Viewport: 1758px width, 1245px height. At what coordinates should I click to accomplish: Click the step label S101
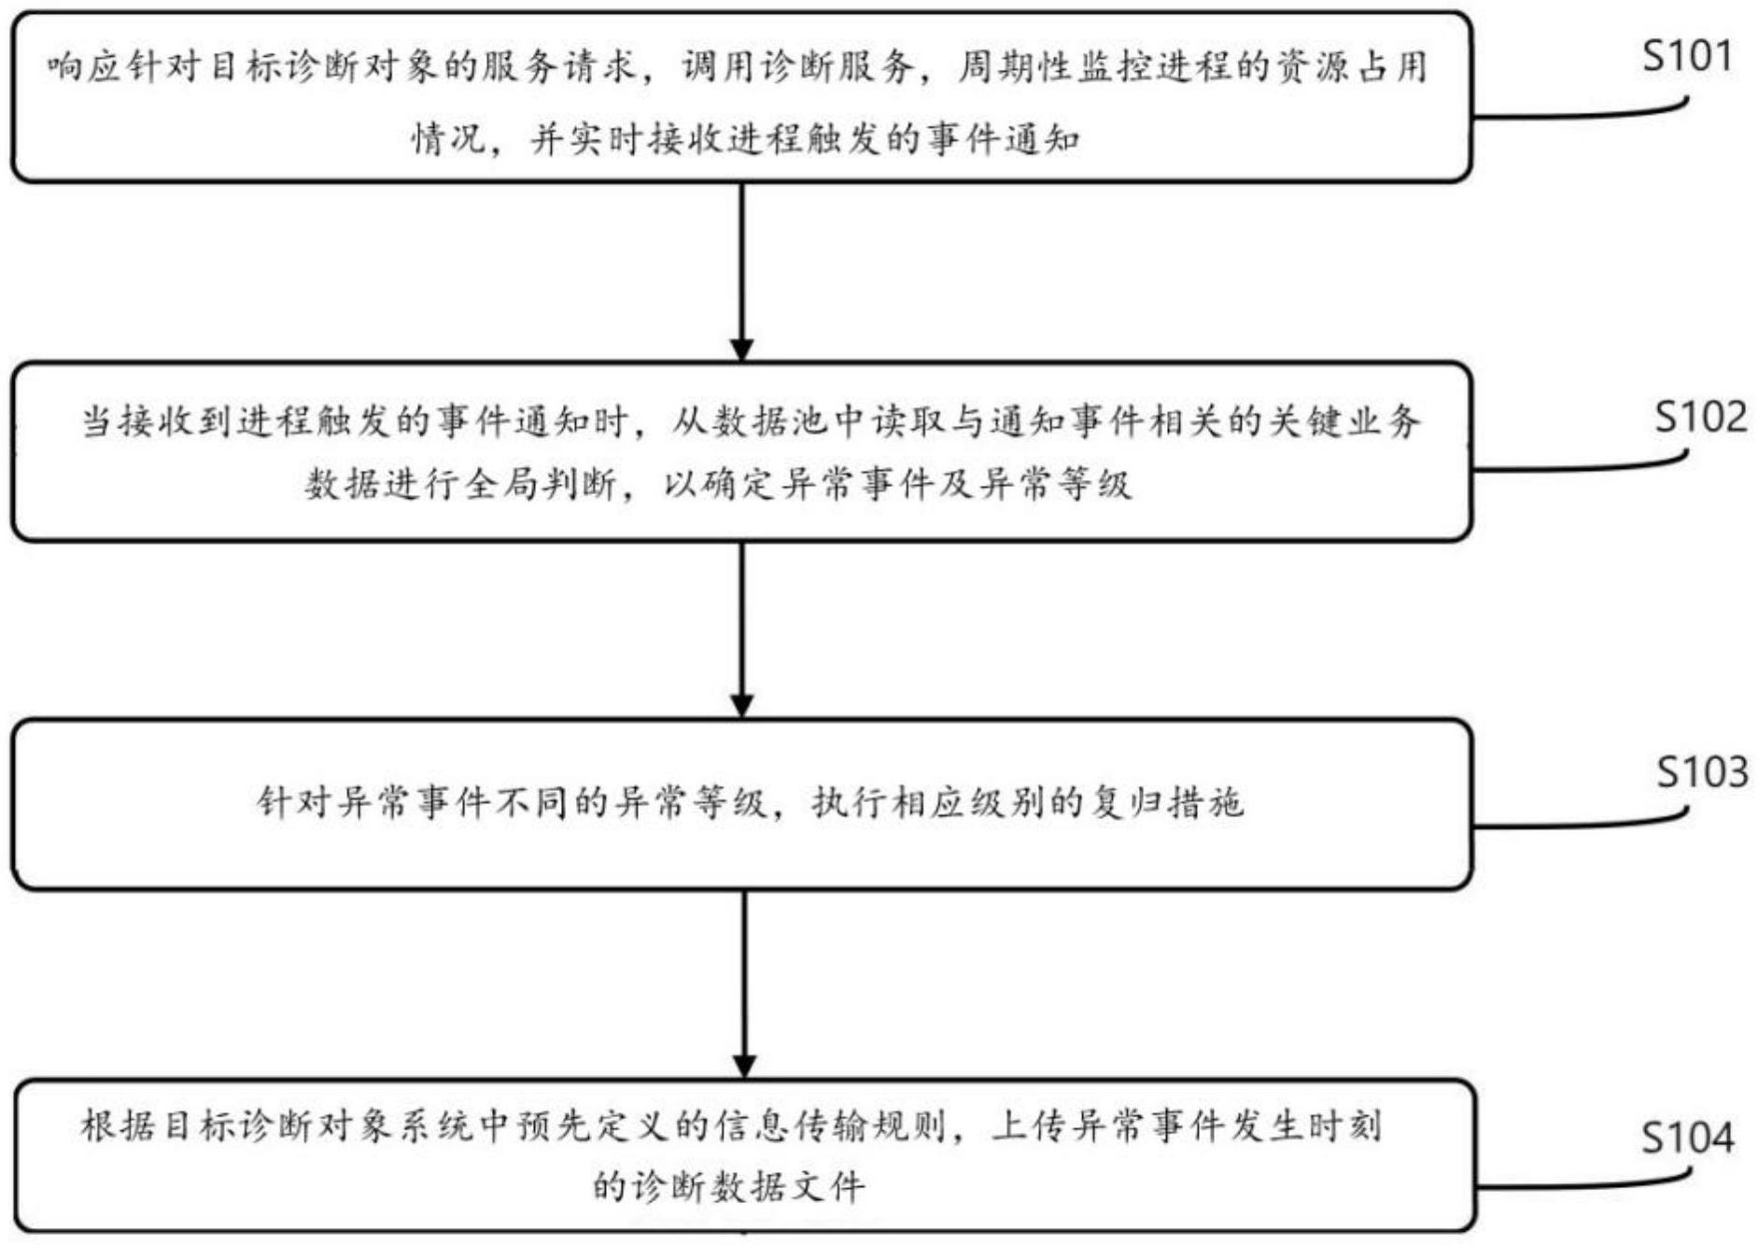[1686, 58]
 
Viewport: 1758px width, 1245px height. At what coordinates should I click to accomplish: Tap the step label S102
[1700, 417]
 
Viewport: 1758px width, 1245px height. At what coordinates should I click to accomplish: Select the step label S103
[1701, 772]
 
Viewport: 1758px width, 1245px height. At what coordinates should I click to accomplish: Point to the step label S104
[1687, 1138]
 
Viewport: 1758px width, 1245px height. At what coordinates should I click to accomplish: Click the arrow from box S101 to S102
[741, 271]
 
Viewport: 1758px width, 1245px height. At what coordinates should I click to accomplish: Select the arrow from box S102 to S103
[741, 629]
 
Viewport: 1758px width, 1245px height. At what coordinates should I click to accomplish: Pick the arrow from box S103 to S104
[744, 983]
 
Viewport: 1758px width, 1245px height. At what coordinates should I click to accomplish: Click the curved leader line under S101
[1587, 115]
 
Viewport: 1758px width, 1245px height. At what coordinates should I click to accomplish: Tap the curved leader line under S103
[1587, 825]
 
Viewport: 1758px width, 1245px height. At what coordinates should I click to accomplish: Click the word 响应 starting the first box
[85, 67]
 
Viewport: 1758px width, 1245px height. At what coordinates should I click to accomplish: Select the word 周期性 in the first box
[1013, 67]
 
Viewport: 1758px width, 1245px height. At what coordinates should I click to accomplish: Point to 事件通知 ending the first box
[1005, 141]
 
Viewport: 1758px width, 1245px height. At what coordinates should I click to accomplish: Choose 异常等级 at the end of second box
[1055, 485]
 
